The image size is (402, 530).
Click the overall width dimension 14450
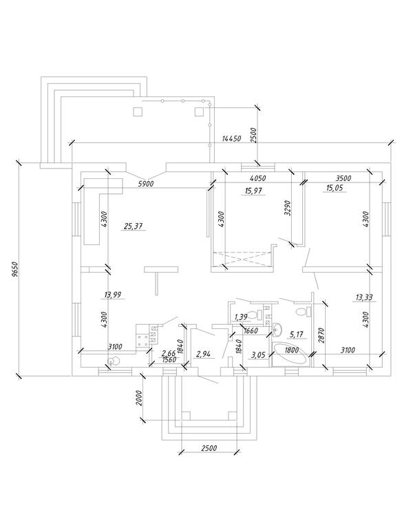coord(231,138)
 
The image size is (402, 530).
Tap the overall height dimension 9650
coord(14,270)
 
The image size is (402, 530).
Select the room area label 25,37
coord(134,226)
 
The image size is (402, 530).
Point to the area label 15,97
coord(253,191)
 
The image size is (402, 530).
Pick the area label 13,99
coord(114,295)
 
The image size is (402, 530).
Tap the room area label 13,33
coord(364,298)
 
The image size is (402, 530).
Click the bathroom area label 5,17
coord(297,335)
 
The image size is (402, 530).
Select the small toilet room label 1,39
coord(241,317)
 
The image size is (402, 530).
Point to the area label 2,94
coord(203,354)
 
